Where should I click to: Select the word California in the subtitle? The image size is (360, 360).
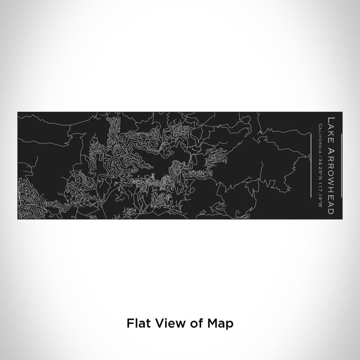321,136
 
